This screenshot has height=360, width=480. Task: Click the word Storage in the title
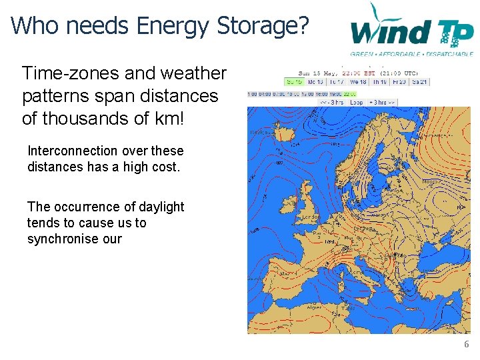click(x=263, y=25)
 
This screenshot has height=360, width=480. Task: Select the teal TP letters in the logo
click(x=453, y=31)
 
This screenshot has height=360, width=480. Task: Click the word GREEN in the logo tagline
click(x=362, y=54)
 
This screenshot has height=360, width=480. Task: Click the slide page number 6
click(x=466, y=345)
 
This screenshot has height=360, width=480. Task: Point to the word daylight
click(x=161, y=207)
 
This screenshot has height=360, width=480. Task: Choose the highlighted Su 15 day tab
click(x=294, y=82)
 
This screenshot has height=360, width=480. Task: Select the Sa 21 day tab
click(x=420, y=82)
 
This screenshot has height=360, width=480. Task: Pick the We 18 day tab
click(x=357, y=82)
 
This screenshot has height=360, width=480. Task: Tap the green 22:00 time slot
click(x=349, y=94)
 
